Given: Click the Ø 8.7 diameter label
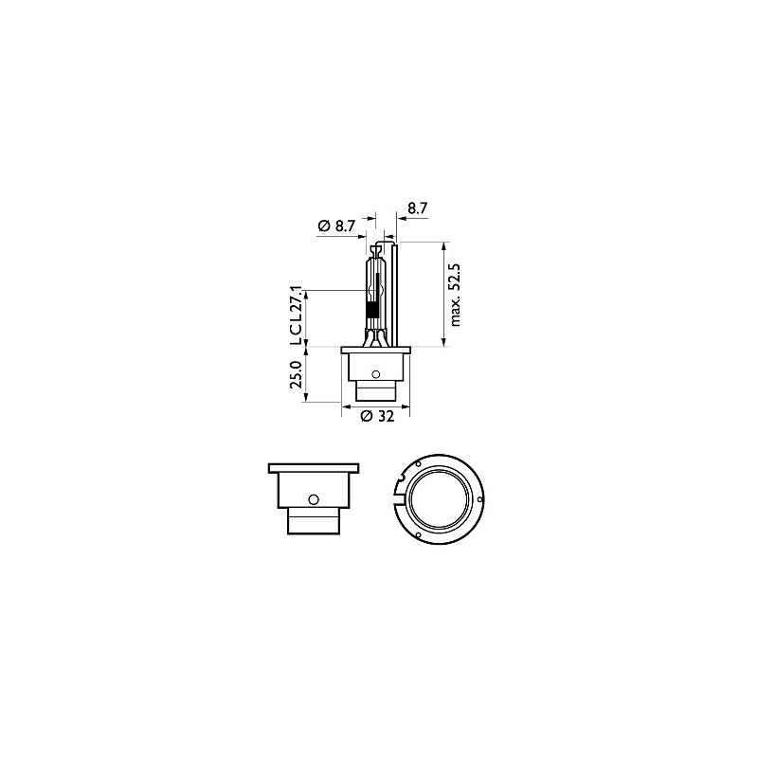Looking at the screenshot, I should click(x=336, y=226).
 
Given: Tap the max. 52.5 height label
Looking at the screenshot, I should click(x=455, y=295).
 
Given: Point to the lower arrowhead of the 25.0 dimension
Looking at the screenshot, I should click(x=306, y=398).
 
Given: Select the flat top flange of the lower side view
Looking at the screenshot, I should click(x=316, y=468).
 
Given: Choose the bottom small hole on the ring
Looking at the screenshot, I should click(x=417, y=534).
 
